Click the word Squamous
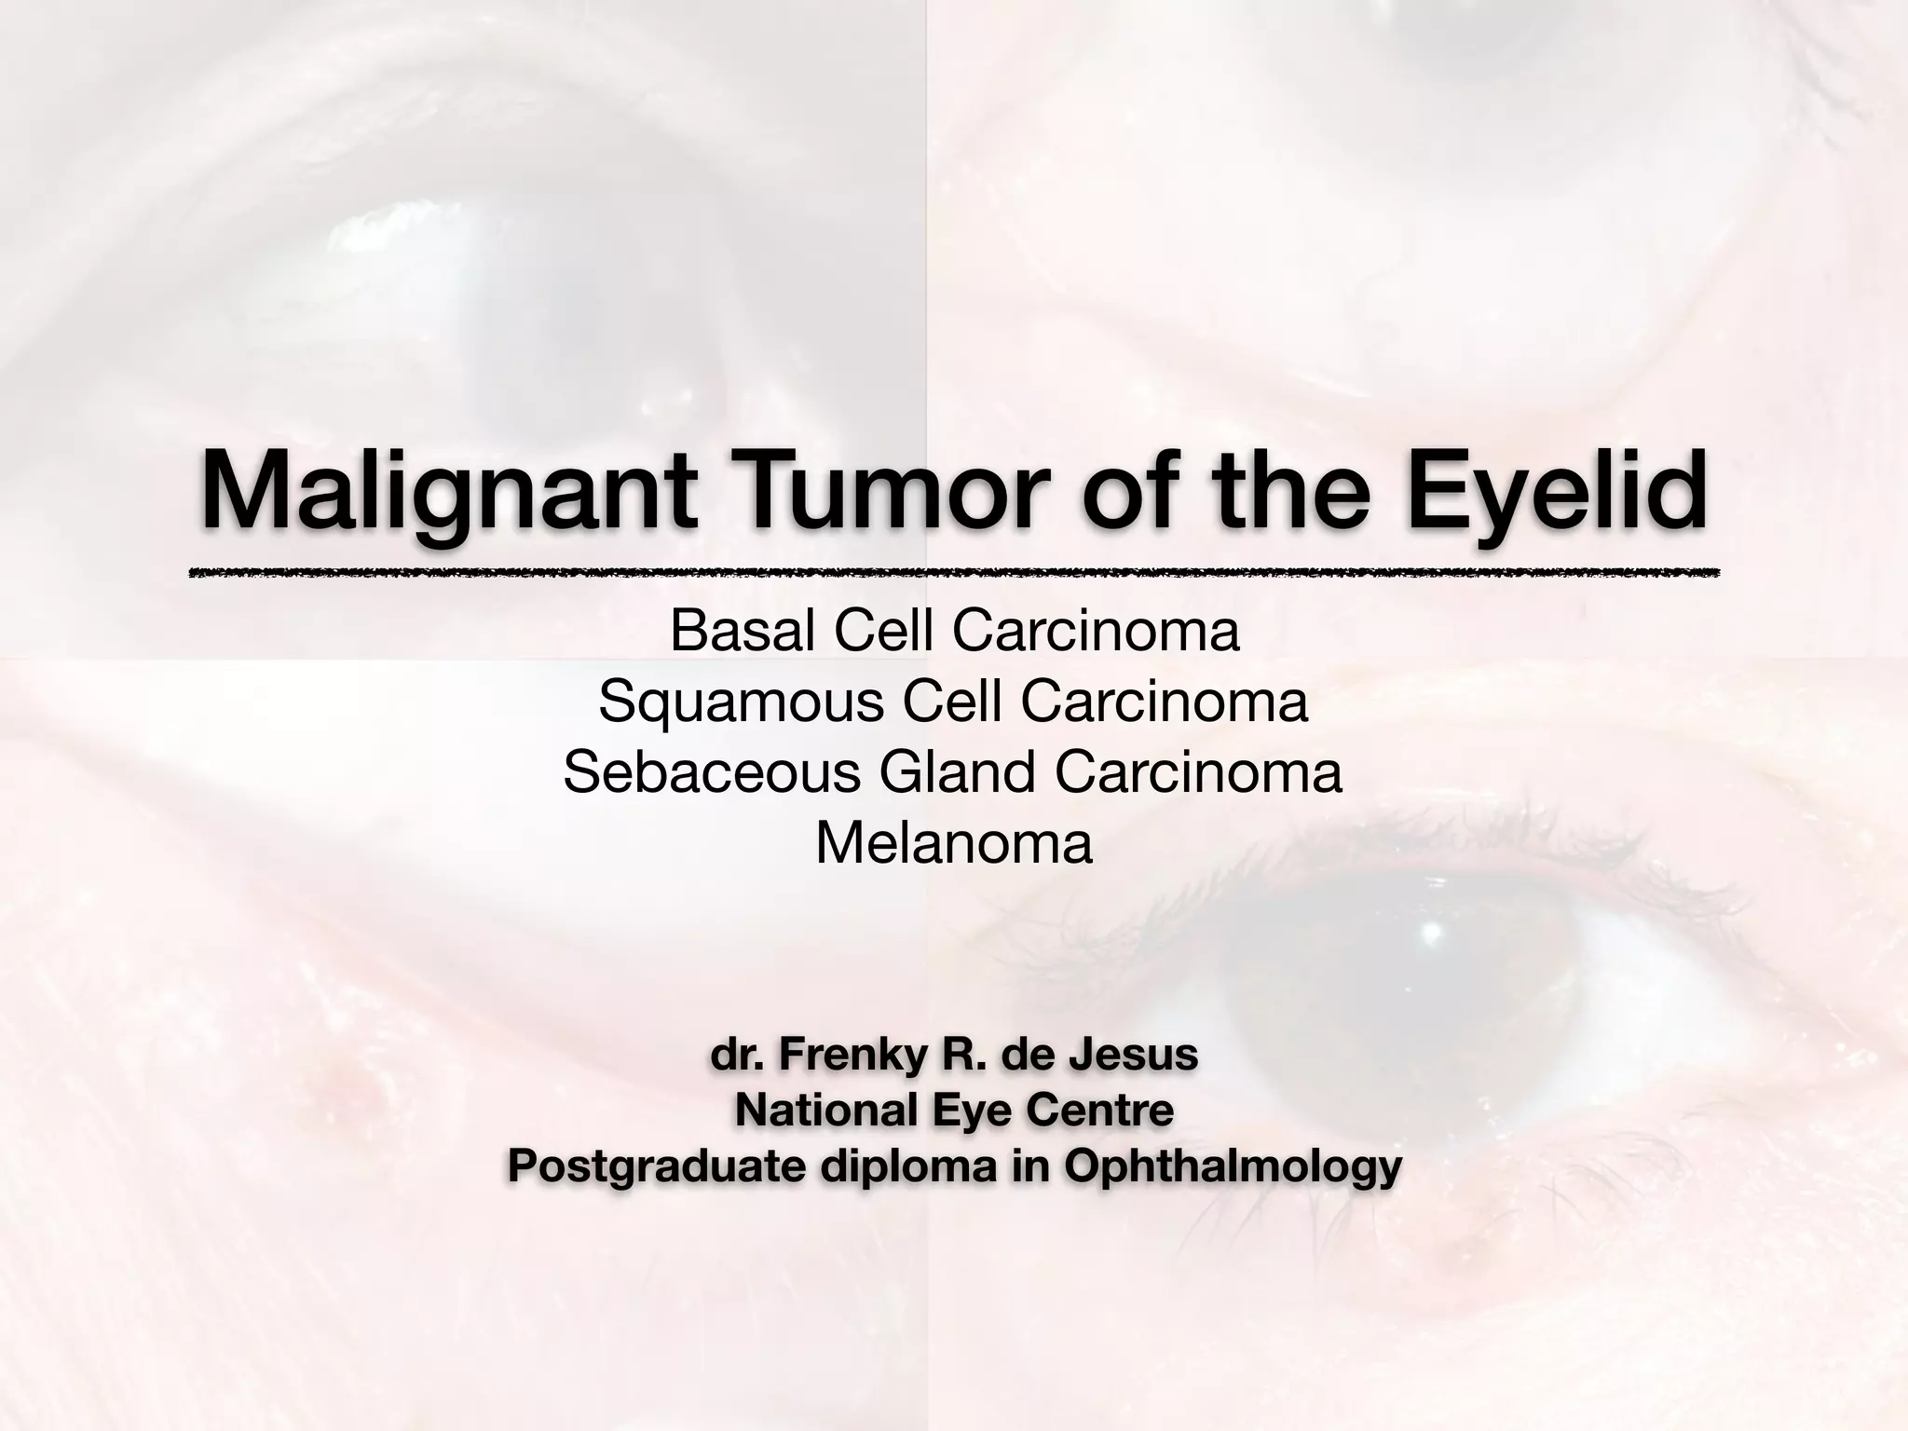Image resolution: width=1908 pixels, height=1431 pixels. [742, 702]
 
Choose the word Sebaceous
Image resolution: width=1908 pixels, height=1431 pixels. [712, 773]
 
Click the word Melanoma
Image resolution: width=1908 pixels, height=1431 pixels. [953, 844]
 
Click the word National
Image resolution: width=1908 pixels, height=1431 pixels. [815, 1111]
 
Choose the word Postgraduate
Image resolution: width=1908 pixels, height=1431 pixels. [657, 1167]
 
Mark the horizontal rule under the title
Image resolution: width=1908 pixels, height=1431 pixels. [953, 573]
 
